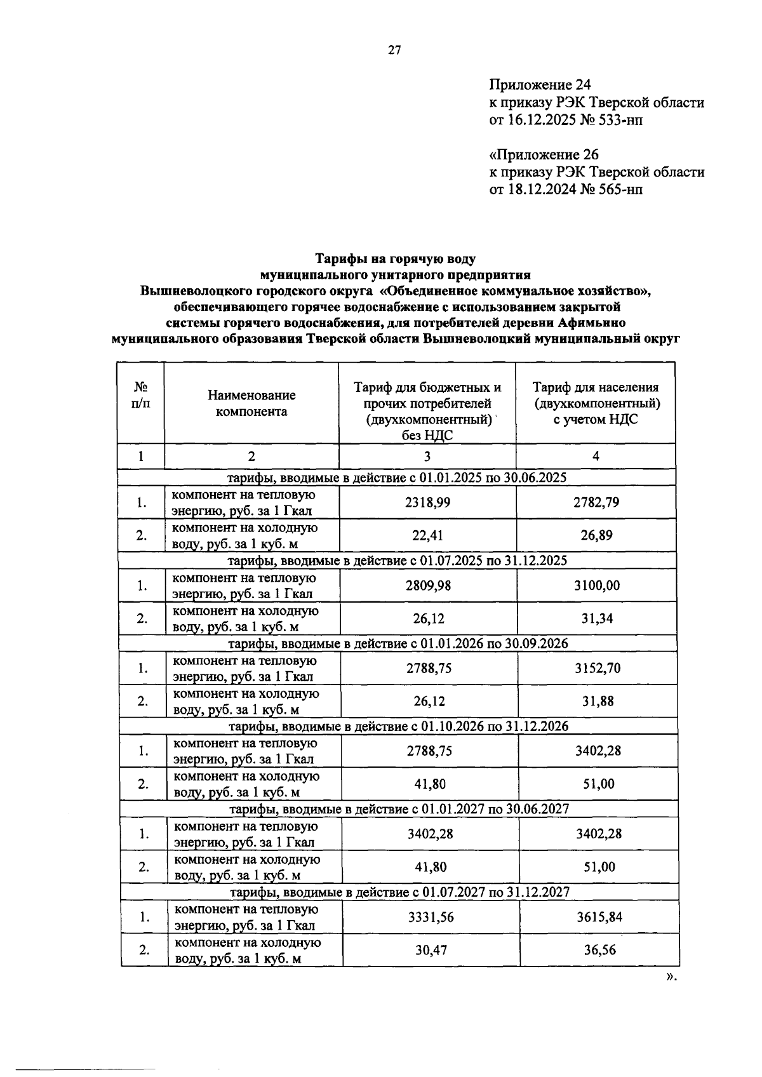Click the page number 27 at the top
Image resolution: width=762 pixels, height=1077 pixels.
pyautogui.click(x=394, y=51)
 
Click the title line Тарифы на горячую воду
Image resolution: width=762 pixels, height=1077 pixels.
pyautogui.click(x=395, y=258)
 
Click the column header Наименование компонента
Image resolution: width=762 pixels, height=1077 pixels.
pyautogui.click(x=251, y=403)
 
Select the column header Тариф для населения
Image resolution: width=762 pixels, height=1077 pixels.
pyautogui.click(x=596, y=387)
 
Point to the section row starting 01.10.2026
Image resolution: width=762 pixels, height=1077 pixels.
pyautogui.click(x=398, y=726)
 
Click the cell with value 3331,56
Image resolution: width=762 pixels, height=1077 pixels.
pyautogui.click(x=431, y=917)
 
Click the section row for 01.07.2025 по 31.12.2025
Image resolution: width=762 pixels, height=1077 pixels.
pyautogui.click(x=398, y=560)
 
